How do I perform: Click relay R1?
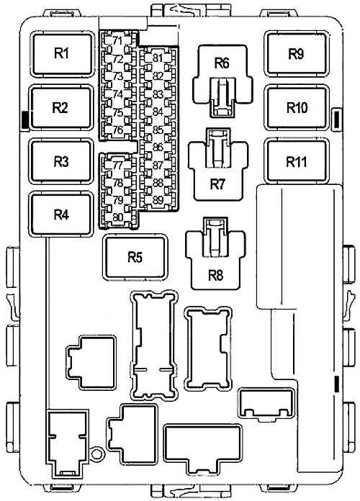pos(62,54)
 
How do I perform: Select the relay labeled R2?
pos(60,108)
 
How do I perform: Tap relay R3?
pos(60,161)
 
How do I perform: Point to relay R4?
pos(60,215)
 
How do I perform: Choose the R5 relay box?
pos(135,257)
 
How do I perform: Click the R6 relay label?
pos(222,63)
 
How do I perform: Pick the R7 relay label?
pos(217,184)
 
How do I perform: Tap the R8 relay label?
pos(216,275)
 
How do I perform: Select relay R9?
pos(296,54)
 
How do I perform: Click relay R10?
pos(297,108)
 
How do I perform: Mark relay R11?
pos(297,161)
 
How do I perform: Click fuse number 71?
pos(117,40)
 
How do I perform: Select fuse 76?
pos(117,130)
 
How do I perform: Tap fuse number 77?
pos(117,165)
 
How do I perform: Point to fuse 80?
pos(117,217)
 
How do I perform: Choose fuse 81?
pos(157,58)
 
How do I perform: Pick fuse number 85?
pos(157,130)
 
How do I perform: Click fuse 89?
pos(157,200)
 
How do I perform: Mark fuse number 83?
pos(157,94)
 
